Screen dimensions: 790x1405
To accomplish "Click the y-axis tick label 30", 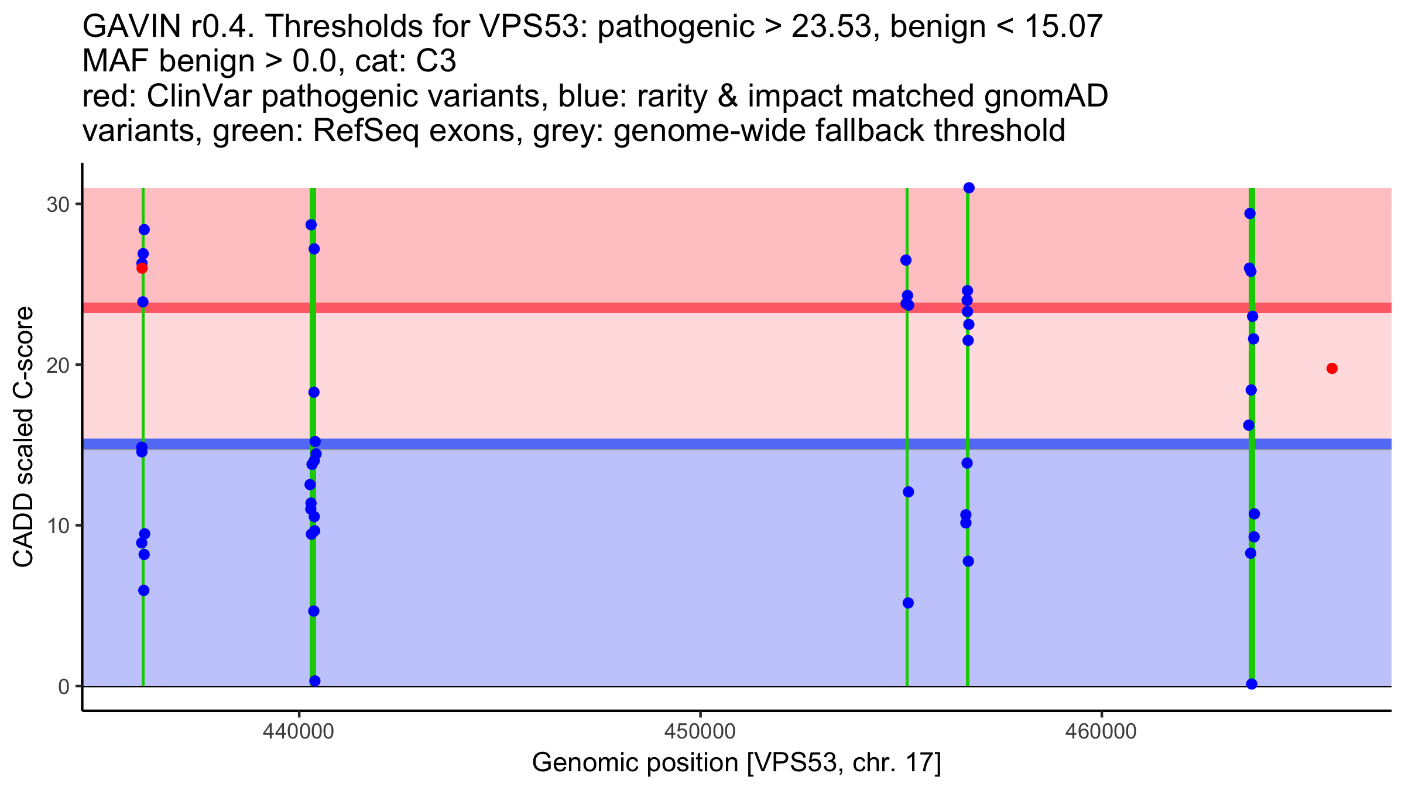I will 57,205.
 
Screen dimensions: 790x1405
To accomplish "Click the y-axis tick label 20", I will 57,365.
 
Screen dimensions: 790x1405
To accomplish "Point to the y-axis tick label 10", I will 57,525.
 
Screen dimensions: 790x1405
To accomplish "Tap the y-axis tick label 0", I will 63,686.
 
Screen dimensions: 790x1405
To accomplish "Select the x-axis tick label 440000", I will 299,732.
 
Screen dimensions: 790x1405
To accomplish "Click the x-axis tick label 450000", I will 700,732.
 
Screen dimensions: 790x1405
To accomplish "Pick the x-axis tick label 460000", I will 1101,732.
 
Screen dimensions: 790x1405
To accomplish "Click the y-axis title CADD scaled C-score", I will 23,437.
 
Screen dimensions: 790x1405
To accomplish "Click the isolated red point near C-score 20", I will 1332,368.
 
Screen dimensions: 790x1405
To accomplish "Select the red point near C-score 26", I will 142,268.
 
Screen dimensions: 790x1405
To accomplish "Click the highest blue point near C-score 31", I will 969,188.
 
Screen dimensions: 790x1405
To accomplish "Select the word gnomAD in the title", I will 1046,97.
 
